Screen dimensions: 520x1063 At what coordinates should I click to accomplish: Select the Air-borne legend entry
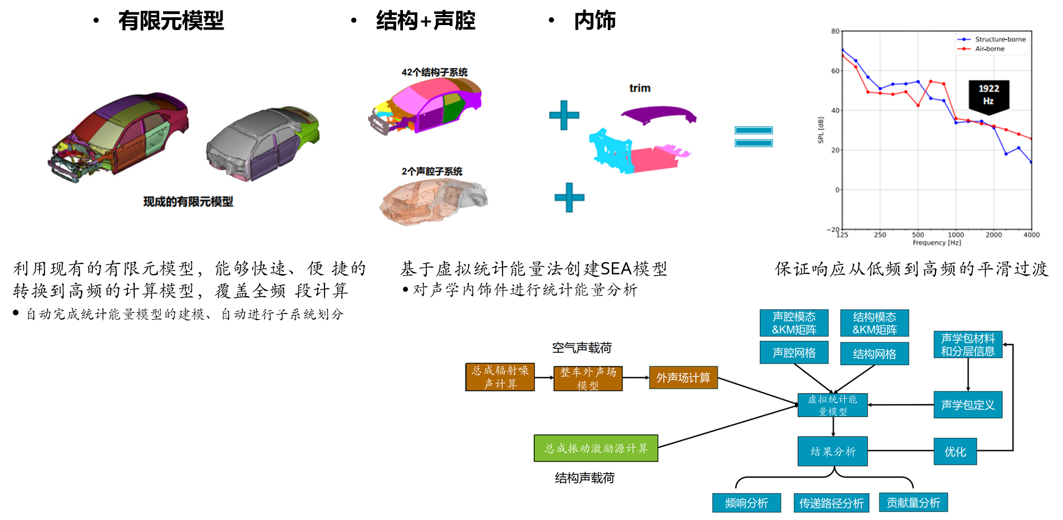pos(989,49)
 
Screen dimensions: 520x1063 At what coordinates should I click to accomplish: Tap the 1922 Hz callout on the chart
pos(988,95)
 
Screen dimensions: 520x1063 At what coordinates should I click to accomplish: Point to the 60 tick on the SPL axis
pos(835,71)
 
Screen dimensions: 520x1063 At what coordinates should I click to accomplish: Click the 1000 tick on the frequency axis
pos(956,235)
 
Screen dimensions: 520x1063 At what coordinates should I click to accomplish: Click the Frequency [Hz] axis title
pos(937,243)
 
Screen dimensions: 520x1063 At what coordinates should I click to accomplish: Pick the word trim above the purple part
pos(639,88)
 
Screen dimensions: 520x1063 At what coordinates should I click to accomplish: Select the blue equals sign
pos(753,137)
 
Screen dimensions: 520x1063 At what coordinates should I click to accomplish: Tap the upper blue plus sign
pos(564,115)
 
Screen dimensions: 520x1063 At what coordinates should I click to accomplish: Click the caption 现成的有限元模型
pos(188,202)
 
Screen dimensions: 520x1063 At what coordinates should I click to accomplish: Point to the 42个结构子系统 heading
pos(434,72)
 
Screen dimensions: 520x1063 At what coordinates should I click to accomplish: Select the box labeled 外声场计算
pos(683,377)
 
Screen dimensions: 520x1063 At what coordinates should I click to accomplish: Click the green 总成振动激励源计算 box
pos(596,448)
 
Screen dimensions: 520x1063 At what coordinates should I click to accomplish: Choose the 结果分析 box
pos(833,451)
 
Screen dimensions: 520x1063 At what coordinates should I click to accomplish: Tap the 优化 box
pos(955,452)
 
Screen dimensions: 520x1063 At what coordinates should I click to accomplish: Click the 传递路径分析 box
pos(831,503)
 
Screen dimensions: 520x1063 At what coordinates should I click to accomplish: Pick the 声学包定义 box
pos(967,405)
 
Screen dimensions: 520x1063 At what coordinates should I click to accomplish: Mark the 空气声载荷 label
pos(582,348)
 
